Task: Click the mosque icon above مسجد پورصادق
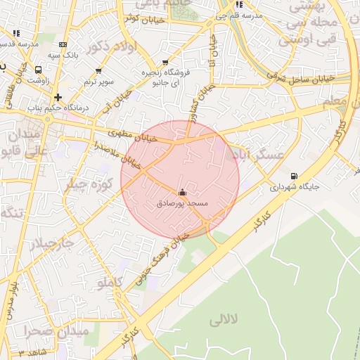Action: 183,192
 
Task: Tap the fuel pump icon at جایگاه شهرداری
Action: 293,176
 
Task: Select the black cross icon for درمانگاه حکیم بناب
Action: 58,97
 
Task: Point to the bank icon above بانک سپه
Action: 63,44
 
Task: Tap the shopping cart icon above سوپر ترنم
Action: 98,71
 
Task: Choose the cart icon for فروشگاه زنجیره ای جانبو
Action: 165,63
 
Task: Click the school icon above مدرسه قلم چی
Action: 240,4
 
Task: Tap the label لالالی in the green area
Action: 225,321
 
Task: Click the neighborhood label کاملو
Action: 110,283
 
